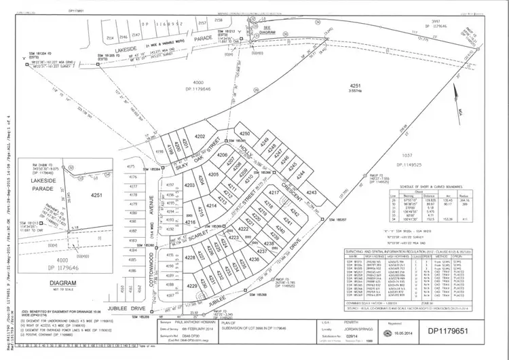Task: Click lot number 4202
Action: (x=201, y=137)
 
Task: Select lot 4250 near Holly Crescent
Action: (x=245, y=134)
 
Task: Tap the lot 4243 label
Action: (x=312, y=193)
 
